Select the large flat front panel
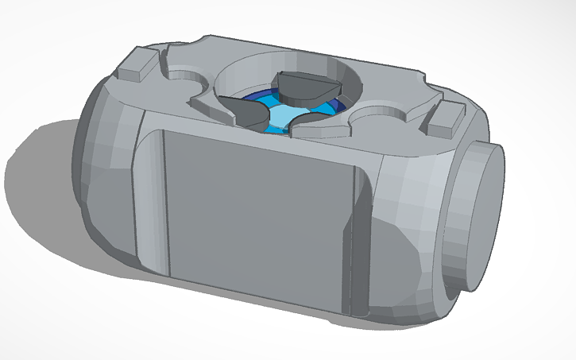254,211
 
